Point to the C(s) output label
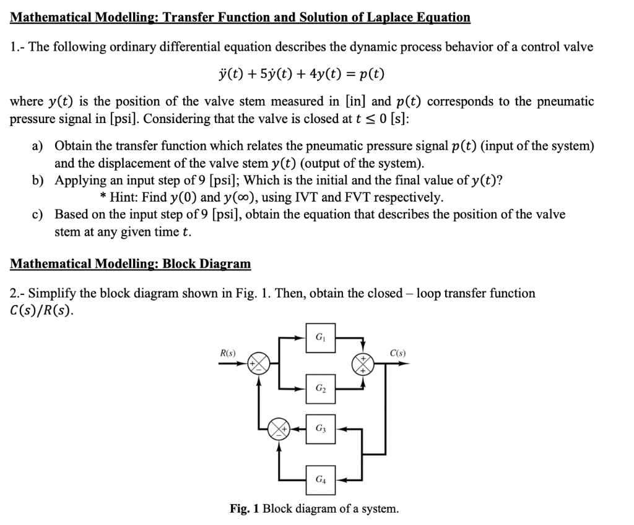point(397,353)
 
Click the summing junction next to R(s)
point(259,364)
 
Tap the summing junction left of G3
point(278,428)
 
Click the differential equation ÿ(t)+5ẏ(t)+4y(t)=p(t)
point(298,75)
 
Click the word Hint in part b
point(123,197)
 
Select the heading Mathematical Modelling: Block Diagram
point(131,264)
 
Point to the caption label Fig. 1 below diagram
point(244,509)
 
